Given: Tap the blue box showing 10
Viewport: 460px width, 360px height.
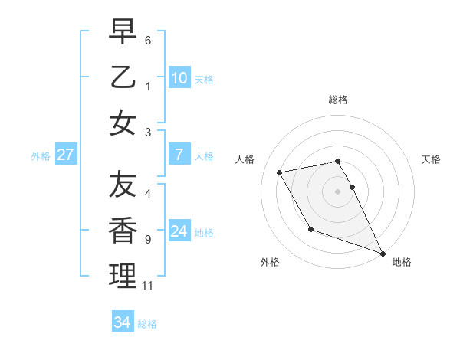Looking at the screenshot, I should click(x=179, y=77).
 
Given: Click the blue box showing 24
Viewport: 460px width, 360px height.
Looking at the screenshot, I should click(x=179, y=231).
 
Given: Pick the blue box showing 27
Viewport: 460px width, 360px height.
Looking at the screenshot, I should click(x=65, y=155).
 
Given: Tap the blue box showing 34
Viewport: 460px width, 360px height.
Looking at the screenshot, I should click(x=122, y=322).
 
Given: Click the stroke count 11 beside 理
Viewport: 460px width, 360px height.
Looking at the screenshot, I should click(x=147, y=286).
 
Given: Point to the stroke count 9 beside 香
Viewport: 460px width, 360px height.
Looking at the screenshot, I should click(x=147, y=240).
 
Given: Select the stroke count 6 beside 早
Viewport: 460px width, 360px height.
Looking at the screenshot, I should click(x=147, y=40).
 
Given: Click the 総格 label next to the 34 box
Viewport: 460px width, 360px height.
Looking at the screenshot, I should click(x=147, y=324).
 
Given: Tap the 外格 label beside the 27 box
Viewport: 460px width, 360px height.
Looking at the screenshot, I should click(x=41, y=156).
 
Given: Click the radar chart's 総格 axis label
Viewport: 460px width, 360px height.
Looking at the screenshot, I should click(x=337, y=100).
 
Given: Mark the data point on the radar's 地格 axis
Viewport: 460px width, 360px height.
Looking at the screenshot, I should click(x=383, y=253).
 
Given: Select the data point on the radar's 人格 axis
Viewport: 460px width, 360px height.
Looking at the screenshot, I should click(x=280, y=172).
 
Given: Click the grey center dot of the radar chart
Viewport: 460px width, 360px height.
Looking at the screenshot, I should click(x=337, y=191).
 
